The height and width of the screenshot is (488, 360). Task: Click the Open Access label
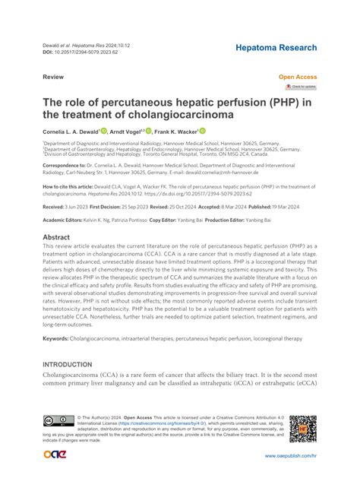[x=298, y=78]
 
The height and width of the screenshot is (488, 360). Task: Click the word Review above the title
[x=53, y=78]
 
